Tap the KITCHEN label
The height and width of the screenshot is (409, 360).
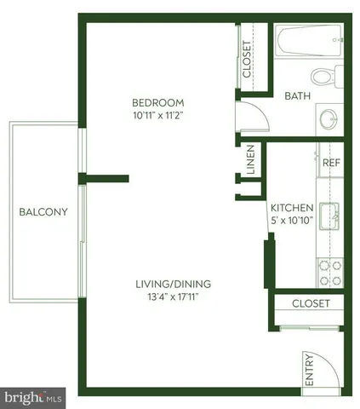pos(292,208)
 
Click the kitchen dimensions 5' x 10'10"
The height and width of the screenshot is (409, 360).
pos(292,220)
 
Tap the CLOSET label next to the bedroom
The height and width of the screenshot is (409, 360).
pos(248,59)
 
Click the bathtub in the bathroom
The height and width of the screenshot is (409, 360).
pos(310,38)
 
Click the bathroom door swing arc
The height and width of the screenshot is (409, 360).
pos(249,118)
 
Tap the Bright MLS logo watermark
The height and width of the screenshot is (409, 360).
pos(34,397)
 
